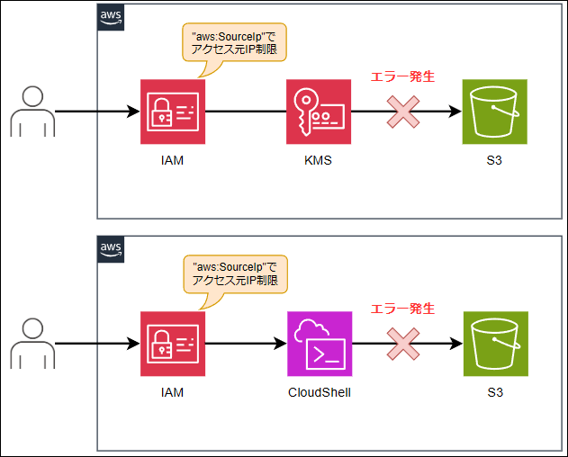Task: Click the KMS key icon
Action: (319, 112)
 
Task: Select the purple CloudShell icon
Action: (319, 344)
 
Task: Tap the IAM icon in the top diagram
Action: (173, 112)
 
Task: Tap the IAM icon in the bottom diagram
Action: (173, 344)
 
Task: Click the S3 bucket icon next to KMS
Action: (494, 112)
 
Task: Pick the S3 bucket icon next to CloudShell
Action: (494, 344)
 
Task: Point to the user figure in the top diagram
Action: (33, 112)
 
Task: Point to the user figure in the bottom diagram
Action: (33, 343)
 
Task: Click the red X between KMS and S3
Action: (404, 112)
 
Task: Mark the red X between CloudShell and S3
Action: (404, 344)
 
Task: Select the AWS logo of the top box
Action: (111, 17)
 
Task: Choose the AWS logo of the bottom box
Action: (111, 249)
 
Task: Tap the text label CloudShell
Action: (319, 392)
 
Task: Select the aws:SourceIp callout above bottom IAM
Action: (233, 273)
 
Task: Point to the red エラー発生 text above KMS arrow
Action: (403, 77)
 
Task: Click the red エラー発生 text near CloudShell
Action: (403, 309)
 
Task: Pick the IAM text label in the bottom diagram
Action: (173, 392)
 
